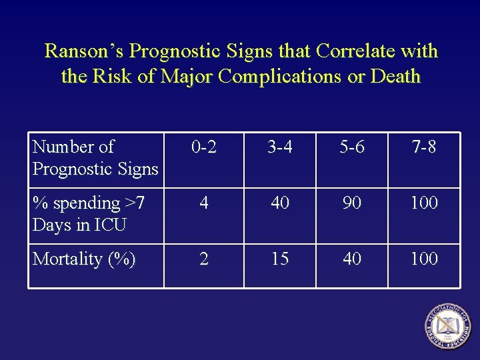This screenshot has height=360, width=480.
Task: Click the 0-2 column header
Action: tap(203, 147)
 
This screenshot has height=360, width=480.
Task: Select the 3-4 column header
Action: tap(280, 147)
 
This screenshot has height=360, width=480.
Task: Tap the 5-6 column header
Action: tap(352, 147)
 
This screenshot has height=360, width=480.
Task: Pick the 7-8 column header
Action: tap(423, 147)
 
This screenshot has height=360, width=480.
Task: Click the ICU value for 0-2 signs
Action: tap(204, 203)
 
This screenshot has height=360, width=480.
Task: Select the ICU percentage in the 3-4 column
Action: tap(280, 203)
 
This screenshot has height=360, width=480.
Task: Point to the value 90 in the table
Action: tap(352, 203)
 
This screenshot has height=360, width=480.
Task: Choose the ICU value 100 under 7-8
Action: tap(424, 203)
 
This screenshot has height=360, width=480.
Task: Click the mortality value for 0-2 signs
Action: tap(204, 259)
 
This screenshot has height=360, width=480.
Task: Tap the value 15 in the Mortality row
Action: tap(280, 259)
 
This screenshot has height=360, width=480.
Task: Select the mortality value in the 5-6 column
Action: tap(352, 259)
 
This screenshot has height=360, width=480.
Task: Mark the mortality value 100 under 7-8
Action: tap(424, 259)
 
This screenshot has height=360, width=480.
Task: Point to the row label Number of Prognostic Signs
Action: tap(95, 157)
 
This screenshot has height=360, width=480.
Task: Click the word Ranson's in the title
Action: tap(84, 51)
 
